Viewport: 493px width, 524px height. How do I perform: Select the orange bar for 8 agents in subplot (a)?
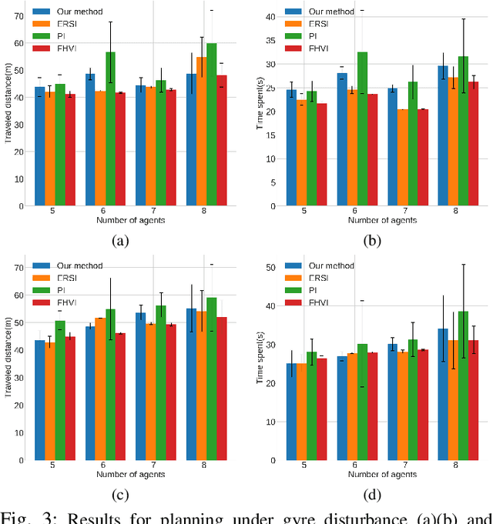coord(201,132)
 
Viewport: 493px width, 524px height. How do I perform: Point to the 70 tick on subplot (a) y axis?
coord(18,15)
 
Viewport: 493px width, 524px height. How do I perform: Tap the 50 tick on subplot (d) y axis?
coord(270,267)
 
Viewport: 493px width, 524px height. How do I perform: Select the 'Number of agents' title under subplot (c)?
coord(129,476)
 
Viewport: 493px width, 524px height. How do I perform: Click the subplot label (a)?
coord(120,241)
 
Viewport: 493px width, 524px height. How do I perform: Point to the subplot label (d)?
coord(371,495)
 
